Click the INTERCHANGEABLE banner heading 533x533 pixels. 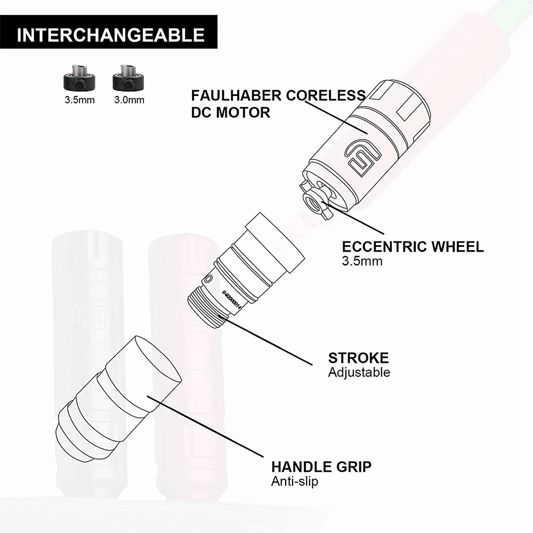(x=110, y=35)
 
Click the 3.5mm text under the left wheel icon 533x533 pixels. (x=80, y=100)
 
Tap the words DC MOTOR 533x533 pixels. (x=231, y=112)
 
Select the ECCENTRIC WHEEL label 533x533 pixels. (x=413, y=247)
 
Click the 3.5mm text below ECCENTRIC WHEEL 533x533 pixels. (x=362, y=261)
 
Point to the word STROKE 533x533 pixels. (x=358, y=358)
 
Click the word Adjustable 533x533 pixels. (x=359, y=372)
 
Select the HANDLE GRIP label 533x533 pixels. (x=321, y=467)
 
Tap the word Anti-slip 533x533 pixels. (x=296, y=481)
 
